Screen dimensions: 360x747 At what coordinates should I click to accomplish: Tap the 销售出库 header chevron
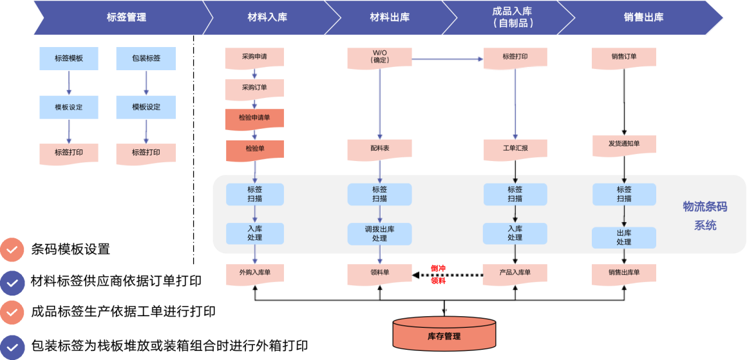coord(643,17)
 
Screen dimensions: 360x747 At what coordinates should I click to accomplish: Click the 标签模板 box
coord(69,58)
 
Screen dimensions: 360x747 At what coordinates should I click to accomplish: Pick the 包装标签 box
coord(146,58)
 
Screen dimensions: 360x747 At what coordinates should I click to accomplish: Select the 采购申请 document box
coord(254,57)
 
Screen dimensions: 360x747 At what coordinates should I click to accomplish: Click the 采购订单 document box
coord(254,88)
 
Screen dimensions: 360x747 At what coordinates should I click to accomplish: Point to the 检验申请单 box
coord(254,118)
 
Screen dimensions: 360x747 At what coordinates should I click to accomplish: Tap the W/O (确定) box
coord(380,57)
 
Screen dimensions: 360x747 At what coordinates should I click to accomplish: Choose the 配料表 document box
coord(380,149)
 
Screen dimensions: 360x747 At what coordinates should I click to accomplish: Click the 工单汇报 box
coord(515,149)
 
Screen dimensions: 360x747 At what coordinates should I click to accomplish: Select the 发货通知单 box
coord(624,144)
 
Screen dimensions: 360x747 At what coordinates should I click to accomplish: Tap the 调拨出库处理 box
coord(380,234)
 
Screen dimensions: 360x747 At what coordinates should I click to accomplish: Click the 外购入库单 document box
coord(254,273)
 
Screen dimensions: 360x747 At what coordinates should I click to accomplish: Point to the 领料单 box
coord(380,273)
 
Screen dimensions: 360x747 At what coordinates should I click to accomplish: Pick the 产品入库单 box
coord(515,273)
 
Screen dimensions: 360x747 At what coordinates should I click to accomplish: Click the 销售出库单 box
coord(624,273)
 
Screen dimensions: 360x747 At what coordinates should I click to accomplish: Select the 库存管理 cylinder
coord(444,333)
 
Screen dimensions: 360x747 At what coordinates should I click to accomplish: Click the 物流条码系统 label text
coord(705,216)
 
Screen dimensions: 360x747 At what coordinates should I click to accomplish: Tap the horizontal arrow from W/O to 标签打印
coord(448,60)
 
